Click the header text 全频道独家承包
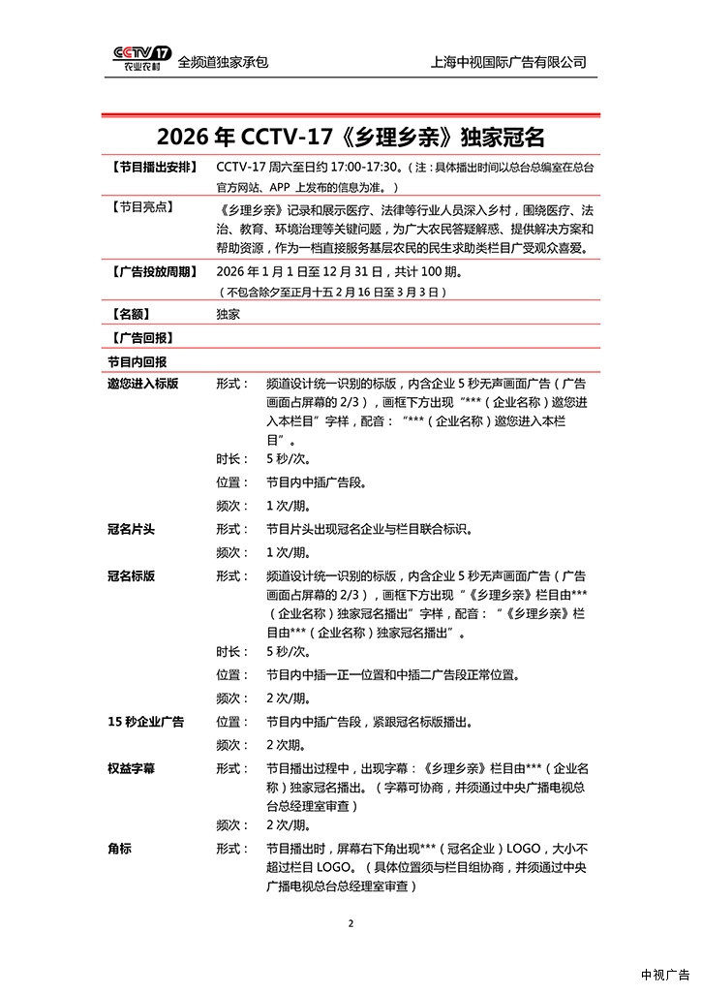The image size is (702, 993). [223, 62]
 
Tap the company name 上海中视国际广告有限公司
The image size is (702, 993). [508, 62]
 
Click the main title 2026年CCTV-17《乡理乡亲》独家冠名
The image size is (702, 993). [351, 135]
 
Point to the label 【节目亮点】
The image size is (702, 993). [141, 207]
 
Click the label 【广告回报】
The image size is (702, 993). [141, 337]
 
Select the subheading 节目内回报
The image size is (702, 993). [137, 360]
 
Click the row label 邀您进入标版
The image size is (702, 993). [142, 384]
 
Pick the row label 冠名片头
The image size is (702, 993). [131, 529]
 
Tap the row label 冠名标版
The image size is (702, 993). [131, 575]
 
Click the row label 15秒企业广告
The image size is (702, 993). [145, 722]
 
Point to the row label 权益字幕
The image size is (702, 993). [131, 767]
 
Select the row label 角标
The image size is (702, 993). [119, 849]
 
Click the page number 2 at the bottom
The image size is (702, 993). [351, 924]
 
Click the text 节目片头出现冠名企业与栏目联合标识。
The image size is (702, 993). [369, 529]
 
